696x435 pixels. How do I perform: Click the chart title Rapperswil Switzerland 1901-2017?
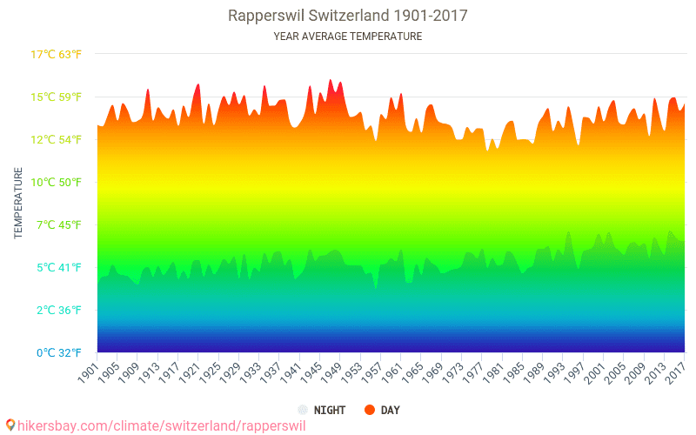(347, 16)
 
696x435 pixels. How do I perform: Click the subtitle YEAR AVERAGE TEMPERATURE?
(347, 37)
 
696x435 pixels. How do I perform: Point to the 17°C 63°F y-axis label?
(56, 55)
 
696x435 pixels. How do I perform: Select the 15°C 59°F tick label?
(56, 97)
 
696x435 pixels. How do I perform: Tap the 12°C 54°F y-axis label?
(56, 140)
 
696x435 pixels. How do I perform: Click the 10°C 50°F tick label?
(56, 183)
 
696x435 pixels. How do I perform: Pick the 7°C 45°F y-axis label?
(59, 225)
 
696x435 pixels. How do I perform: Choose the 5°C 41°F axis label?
(59, 268)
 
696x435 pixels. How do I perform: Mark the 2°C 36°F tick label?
(59, 311)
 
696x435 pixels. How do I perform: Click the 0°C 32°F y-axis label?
(59, 353)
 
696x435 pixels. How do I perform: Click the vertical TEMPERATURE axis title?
(18, 203)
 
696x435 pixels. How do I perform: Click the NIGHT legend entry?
(322, 410)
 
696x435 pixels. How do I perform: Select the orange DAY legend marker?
(369, 410)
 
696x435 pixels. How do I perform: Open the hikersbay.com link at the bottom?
(162, 425)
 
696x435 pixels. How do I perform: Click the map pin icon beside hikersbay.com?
(10, 425)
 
